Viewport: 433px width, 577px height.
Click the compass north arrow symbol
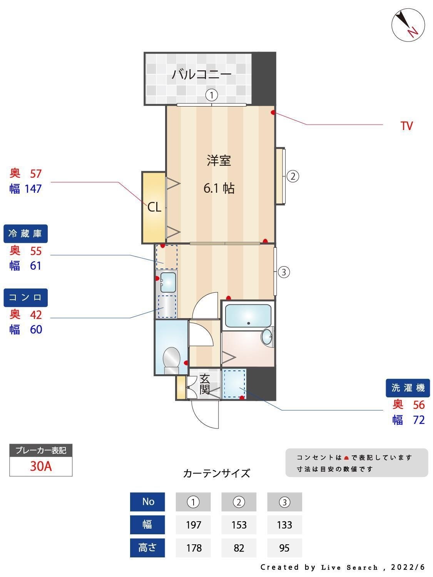408,25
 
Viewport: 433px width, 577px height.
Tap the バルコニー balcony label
201,74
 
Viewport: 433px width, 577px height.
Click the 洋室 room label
219,160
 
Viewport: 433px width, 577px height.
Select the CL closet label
154,207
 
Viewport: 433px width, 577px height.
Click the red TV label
406,126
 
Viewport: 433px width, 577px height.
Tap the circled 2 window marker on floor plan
293,177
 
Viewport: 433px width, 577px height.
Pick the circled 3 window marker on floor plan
283,272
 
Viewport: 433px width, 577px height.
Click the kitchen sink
168,282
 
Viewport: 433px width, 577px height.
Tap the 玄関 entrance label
204,384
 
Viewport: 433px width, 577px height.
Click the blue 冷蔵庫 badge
25,233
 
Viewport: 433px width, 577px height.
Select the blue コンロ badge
25,297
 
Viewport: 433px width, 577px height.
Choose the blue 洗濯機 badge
408,388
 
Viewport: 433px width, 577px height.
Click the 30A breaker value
41,466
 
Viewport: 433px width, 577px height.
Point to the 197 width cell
193,525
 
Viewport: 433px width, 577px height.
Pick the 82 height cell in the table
239,548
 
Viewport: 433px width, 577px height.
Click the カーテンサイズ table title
216,473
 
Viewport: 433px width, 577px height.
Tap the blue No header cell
148,502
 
